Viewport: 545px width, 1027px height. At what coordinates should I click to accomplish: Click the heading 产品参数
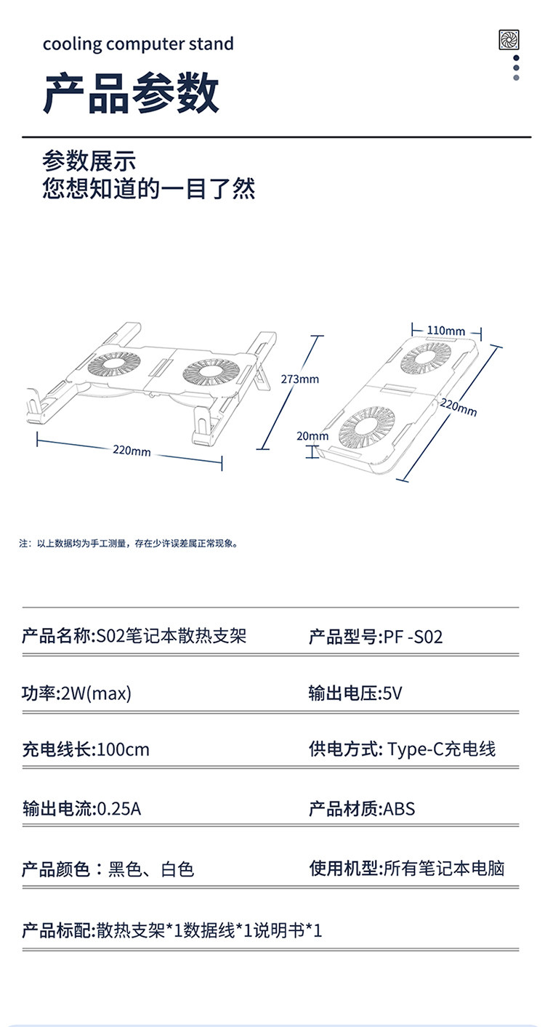pyautogui.click(x=131, y=93)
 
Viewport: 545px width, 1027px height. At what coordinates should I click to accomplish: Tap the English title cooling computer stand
pyautogui.click(x=138, y=44)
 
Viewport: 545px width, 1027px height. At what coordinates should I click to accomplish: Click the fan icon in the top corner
pyautogui.click(x=509, y=39)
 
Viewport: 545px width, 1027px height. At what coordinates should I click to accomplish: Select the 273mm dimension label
pyautogui.click(x=300, y=379)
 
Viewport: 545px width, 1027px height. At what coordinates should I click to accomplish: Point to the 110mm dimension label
pyautogui.click(x=446, y=331)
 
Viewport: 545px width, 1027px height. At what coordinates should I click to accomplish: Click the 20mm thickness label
pyautogui.click(x=312, y=435)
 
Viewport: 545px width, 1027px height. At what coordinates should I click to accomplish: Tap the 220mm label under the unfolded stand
pyautogui.click(x=132, y=451)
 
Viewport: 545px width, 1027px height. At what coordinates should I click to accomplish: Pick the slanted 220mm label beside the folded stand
pyautogui.click(x=459, y=408)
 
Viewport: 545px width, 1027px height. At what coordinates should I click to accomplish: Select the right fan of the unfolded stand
pyautogui.click(x=209, y=372)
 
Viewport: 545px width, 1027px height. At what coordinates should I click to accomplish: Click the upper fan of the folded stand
pyautogui.click(x=425, y=358)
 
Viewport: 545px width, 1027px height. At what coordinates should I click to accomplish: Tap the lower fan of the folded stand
pyautogui.click(x=367, y=428)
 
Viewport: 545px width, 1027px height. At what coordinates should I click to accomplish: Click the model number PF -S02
pyautogui.click(x=413, y=637)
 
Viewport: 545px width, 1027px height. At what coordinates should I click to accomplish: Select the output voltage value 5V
pyautogui.click(x=392, y=693)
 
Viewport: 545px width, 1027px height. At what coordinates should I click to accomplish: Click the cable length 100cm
pyautogui.click(x=124, y=749)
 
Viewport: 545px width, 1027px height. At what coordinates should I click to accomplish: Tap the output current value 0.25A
pyautogui.click(x=119, y=809)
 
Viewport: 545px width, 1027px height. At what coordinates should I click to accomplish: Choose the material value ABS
pyautogui.click(x=399, y=809)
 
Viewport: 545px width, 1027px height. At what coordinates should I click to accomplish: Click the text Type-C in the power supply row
pyautogui.click(x=416, y=749)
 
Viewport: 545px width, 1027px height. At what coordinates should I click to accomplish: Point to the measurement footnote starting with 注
pyautogui.click(x=129, y=544)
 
